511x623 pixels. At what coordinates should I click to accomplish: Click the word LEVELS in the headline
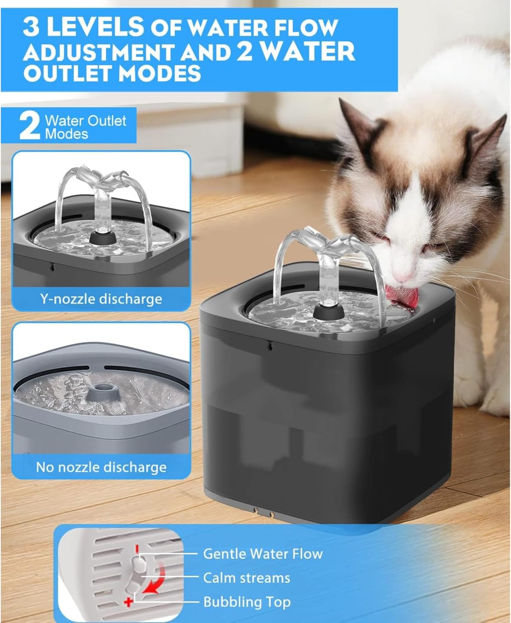(95, 27)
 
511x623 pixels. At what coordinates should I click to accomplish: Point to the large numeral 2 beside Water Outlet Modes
(29, 126)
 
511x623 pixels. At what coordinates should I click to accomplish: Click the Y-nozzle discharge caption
(101, 299)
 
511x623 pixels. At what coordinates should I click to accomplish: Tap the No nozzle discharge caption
(101, 467)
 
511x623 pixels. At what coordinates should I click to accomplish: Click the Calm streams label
(247, 578)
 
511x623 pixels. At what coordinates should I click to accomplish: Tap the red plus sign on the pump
(128, 602)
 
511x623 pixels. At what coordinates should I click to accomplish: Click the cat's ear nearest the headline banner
(357, 124)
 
